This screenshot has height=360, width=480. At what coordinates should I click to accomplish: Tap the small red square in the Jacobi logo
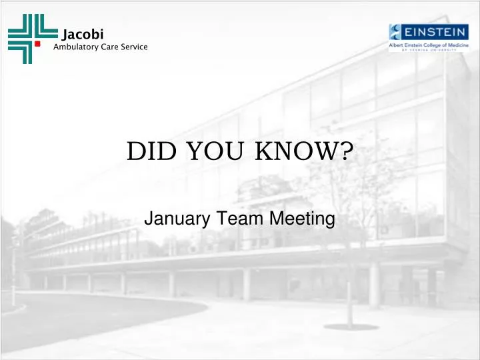[47, 43]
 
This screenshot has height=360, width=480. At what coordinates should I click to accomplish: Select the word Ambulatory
[75, 46]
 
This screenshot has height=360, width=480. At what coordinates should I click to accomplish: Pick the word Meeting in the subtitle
[297, 218]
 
